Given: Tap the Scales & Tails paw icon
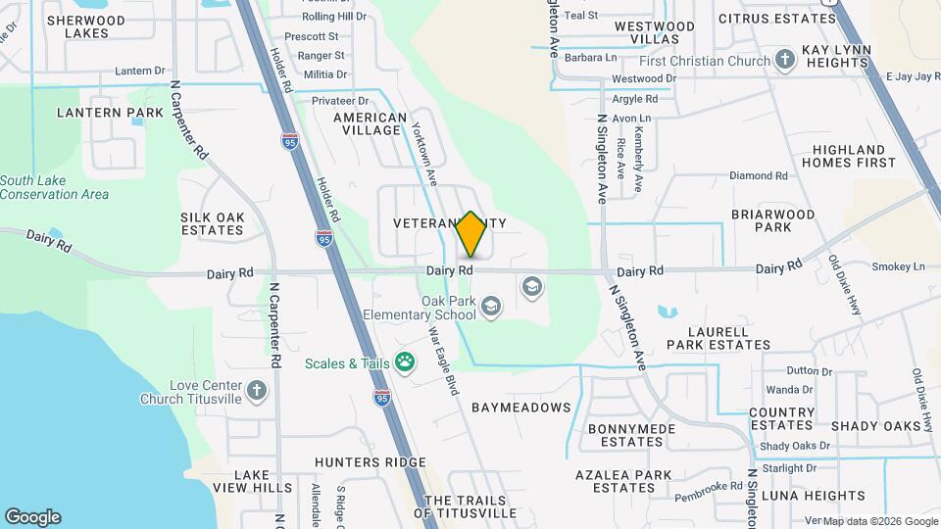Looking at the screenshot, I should (404, 363).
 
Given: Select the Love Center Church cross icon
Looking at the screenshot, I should (257, 392).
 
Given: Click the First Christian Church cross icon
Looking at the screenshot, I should (784, 61).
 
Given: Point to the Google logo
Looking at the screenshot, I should (32, 517).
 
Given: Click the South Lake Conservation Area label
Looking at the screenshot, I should (54, 187).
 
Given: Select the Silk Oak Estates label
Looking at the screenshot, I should (212, 223).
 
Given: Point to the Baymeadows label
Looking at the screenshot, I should (520, 407).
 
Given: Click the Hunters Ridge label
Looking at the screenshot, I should (370, 462).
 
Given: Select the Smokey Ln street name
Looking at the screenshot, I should (898, 266).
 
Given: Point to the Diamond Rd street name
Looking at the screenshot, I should (758, 176).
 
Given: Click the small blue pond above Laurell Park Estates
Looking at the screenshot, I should (668, 313).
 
